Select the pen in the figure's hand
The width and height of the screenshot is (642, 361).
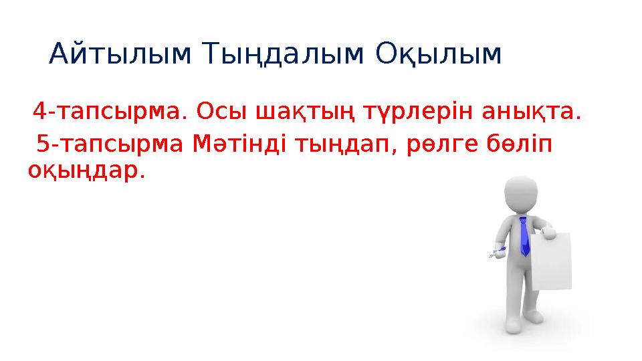click(496, 253)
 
